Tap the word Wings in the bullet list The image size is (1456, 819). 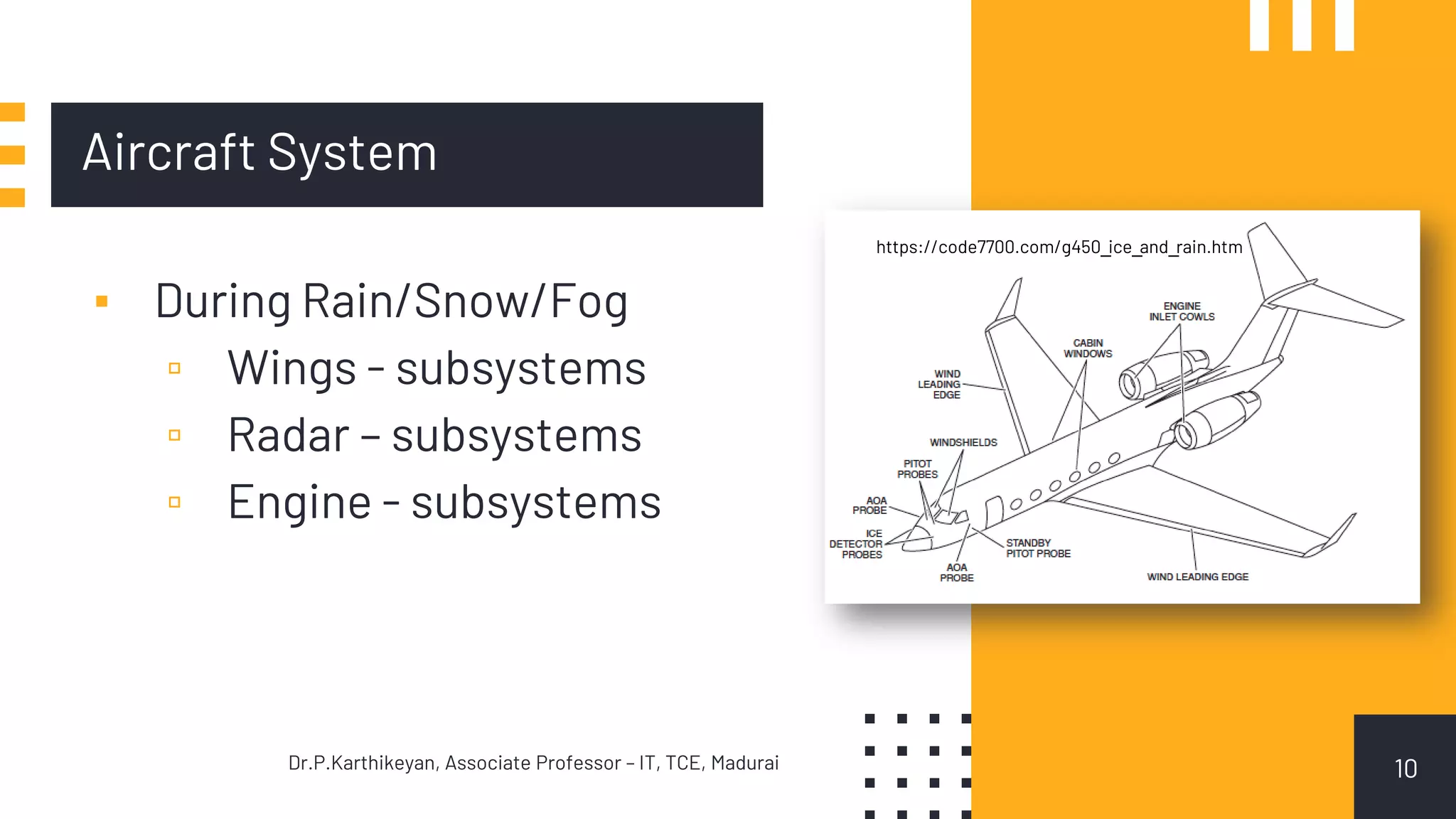(291, 368)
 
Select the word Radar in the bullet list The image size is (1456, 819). (289, 435)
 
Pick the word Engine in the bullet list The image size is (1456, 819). (299, 502)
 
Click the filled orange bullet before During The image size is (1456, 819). (102, 301)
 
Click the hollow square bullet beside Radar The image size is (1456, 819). (174, 435)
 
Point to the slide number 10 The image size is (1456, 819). (1405, 769)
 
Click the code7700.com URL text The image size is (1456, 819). (1059, 247)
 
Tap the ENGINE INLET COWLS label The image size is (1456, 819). (1182, 311)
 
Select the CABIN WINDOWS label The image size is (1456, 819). (1088, 348)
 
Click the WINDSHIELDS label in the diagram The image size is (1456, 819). (963, 442)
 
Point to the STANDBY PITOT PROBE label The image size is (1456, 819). (1037, 548)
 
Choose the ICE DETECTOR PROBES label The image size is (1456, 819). (857, 544)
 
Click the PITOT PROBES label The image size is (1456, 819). (917, 469)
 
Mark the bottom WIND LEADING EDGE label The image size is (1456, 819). (1197, 577)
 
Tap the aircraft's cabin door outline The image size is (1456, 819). (994, 511)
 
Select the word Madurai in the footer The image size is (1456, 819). (744, 763)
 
